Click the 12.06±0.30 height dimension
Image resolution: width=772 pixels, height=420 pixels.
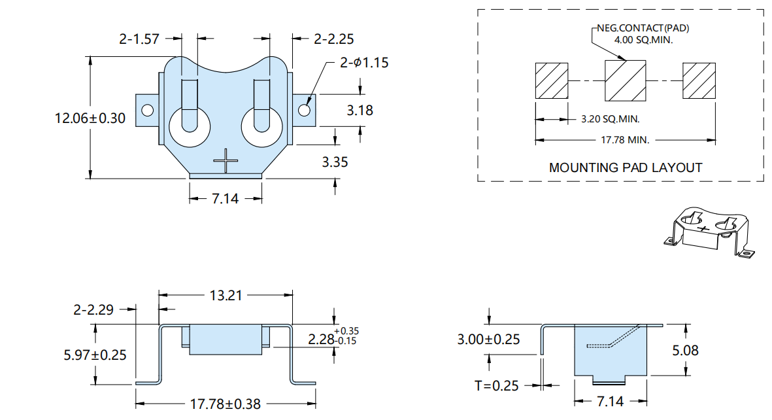(x=90, y=118)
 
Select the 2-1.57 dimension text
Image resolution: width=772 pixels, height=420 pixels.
(x=139, y=39)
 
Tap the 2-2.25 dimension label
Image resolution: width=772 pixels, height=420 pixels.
(x=334, y=39)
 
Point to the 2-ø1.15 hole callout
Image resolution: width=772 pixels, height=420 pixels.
(x=364, y=63)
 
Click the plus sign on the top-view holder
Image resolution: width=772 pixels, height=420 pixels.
(x=226, y=161)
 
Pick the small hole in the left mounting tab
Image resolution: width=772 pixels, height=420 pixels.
(x=148, y=110)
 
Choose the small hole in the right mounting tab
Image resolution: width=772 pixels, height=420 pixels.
(x=304, y=110)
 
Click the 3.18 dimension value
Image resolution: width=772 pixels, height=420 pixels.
(x=360, y=110)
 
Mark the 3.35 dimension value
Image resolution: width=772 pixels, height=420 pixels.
(x=335, y=162)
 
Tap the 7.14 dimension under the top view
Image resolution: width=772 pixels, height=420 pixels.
(x=225, y=199)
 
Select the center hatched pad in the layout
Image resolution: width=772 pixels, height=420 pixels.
(x=626, y=81)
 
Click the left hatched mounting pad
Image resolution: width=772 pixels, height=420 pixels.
(x=552, y=81)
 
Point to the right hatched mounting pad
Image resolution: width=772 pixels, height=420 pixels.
(x=699, y=81)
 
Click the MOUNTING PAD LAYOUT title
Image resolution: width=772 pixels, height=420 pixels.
(x=626, y=167)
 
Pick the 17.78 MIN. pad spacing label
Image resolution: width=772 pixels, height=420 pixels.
(x=626, y=140)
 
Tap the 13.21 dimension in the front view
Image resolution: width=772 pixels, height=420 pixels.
(x=226, y=295)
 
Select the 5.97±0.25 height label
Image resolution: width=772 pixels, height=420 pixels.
(x=95, y=355)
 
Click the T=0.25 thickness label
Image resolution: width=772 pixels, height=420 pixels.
(x=497, y=385)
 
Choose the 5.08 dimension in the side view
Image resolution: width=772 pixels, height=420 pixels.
(x=685, y=351)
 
